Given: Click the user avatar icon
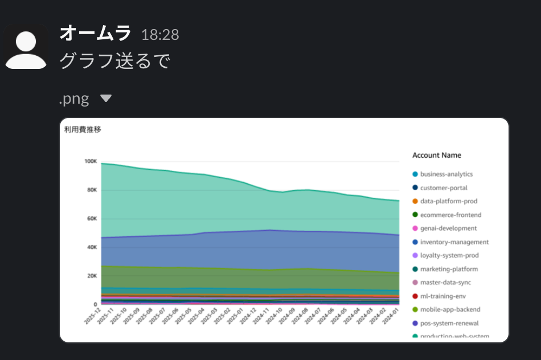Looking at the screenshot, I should coord(26,47).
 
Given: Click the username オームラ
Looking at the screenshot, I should coord(95,34).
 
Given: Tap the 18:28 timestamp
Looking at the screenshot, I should coord(160,35).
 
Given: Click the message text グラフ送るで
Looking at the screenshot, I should coord(115,61).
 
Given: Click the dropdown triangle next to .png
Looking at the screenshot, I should coord(106,99).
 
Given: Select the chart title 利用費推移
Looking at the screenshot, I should coord(83,130).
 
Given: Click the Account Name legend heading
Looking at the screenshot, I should coord(437,156).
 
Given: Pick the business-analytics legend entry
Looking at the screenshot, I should coord(446,174).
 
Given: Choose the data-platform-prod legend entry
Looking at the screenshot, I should coord(448,201).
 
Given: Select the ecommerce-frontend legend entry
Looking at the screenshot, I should coord(450,215).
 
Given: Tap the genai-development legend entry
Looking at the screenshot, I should coord(448,228).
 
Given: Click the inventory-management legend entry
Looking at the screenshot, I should coord(454,242).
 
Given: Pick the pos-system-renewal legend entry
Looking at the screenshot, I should coord(449,324).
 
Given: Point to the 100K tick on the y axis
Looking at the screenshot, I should coord(90,162).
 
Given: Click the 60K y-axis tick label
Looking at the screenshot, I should coord(91,219).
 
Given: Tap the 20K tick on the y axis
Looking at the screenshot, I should coord(91,276).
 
